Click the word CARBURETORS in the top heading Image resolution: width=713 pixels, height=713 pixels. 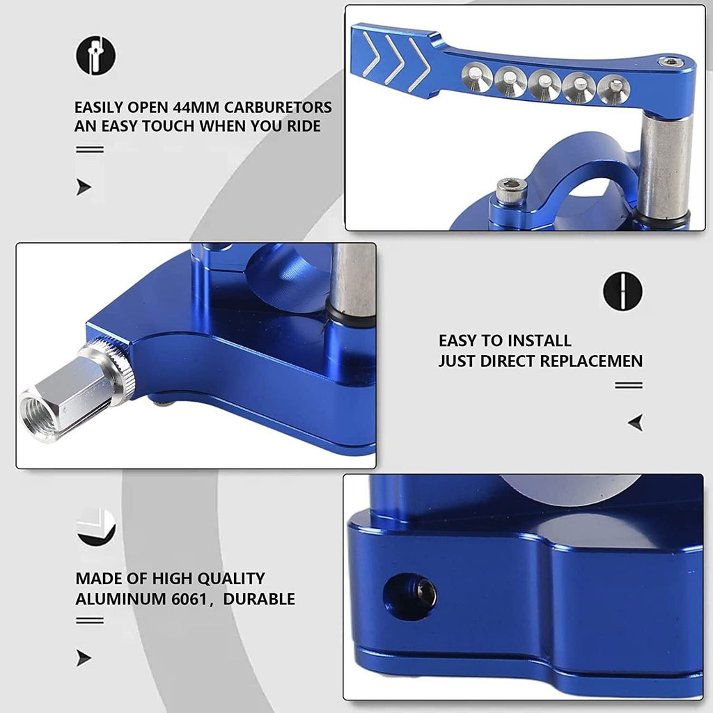(278, 107)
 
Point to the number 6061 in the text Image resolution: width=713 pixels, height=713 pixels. (189, 600)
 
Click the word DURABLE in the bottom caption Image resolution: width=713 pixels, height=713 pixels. (259, 600)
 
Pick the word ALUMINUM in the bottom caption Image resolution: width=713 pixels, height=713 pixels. (121, 600)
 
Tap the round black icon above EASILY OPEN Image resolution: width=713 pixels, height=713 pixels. (95, 56)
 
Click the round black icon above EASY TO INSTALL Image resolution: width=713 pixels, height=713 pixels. (622, 292)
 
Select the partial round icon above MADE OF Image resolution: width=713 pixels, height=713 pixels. (95, 528)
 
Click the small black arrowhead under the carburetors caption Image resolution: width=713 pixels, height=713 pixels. (84, 187)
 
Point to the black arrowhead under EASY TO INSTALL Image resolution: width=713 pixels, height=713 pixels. (636, 423)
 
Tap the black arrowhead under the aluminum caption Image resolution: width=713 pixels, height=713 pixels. (84, 658)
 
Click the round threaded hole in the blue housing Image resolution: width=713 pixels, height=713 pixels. (409, 597)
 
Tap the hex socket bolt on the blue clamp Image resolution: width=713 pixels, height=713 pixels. (512, 191)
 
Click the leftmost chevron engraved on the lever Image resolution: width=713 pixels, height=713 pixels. (372, 54)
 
